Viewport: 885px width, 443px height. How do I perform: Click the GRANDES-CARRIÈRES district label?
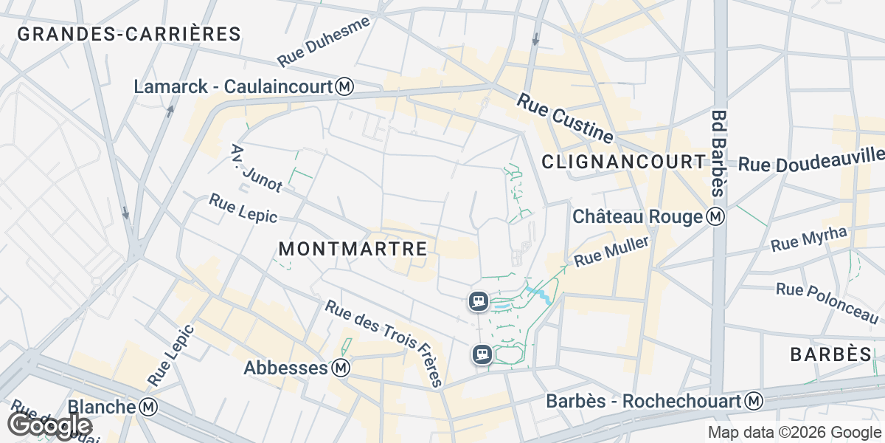click(129, 34)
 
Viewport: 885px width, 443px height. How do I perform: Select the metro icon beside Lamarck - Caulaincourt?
click(344, 87)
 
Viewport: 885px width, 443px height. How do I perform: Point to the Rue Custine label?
click(565, 118)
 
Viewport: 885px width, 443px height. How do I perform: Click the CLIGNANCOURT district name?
click(624, 162)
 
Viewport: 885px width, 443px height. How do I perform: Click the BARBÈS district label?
click(831, 354)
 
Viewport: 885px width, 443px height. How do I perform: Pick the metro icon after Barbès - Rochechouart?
click(754, 401)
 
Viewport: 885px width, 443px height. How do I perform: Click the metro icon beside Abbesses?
click(340, 367)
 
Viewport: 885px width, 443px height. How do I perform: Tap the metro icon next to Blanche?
click(148, 407)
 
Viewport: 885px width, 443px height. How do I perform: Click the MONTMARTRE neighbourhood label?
click(353, 250)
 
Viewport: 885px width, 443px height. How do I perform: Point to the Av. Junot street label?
click(257, 168)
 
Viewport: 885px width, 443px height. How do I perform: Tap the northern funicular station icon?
click(479, 301)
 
